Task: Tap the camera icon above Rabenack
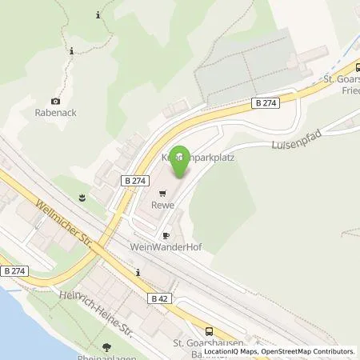coord(54,101)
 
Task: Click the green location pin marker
coord(181,160)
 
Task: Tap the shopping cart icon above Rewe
coord(162,193)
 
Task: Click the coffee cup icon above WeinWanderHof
coord(166,236)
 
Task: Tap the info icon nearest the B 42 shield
coord(138,273)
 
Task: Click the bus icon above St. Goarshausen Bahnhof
coord(209,331)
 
